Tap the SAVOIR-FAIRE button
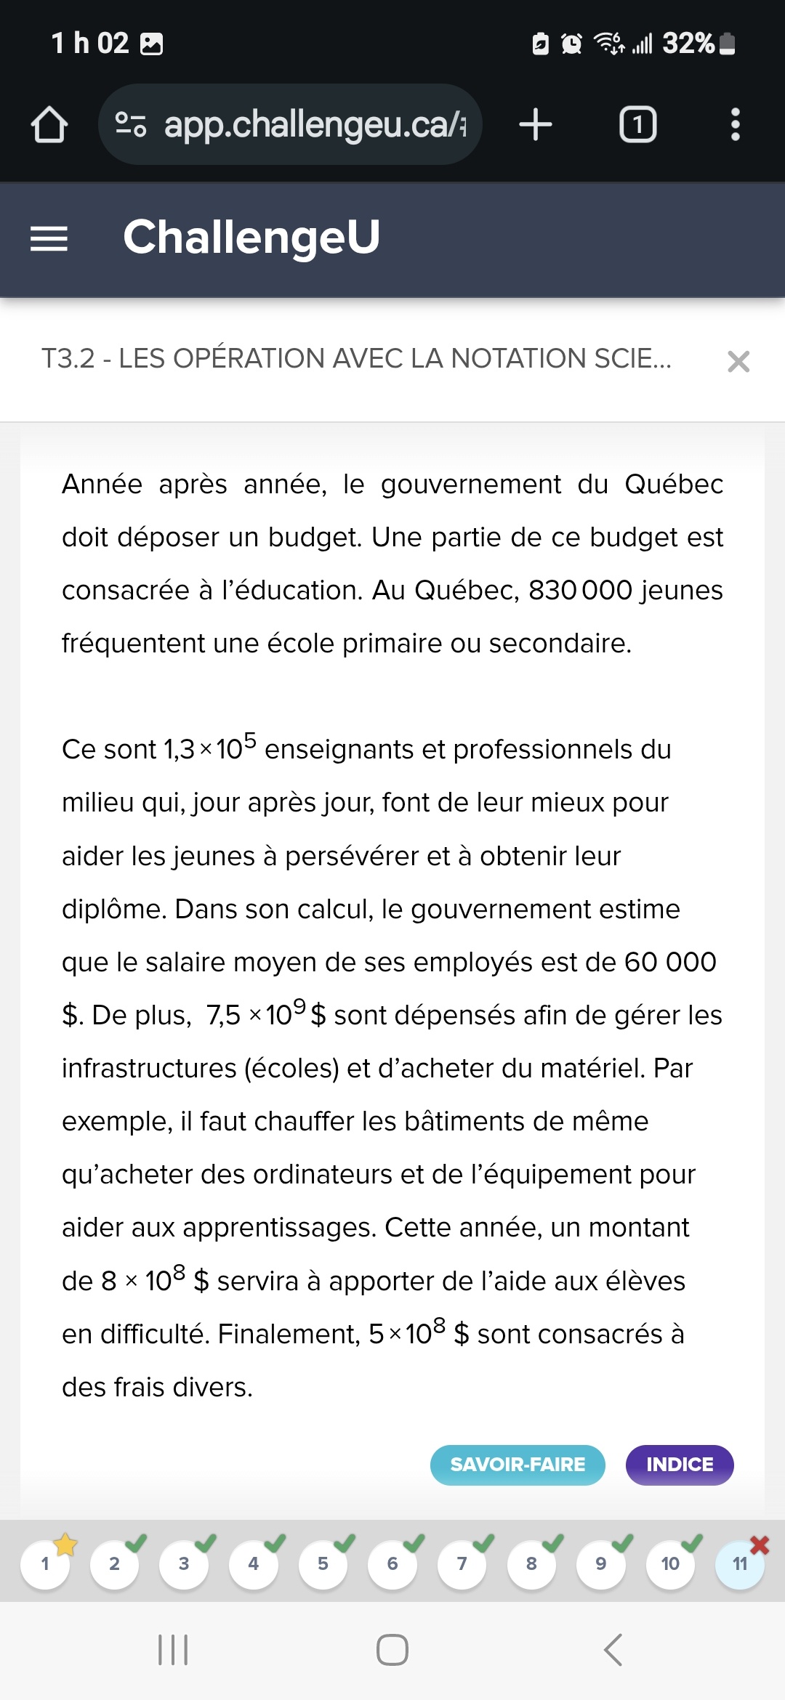pos(518,1465)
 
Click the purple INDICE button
pos(680,1465)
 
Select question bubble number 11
pos(740,1563)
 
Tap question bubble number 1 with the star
pos(45,1563)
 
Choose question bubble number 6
pos(392,1563)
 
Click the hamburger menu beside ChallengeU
pos(49,238)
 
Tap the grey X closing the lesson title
pos(738,361)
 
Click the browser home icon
pos(49,124)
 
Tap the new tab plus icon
pos(536,124)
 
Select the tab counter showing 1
pos(637,124)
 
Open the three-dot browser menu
pos(736,124)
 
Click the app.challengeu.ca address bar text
pos(313,124)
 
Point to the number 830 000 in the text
pos(580,591)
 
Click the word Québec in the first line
pos(674,485)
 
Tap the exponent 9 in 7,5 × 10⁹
pos(299,1005)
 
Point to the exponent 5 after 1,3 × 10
pos(250,740)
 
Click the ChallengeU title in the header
pos(251,237)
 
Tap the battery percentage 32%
pos(688,44)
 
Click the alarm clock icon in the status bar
pos(572,44)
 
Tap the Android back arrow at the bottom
pos(613,1650)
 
